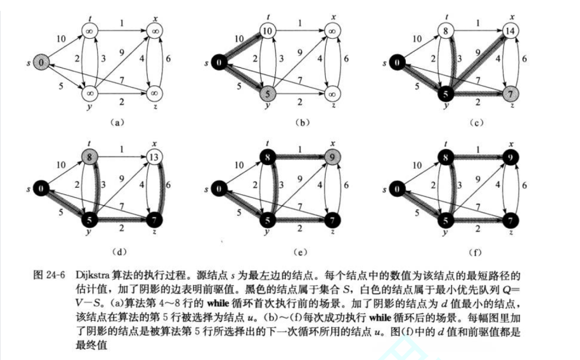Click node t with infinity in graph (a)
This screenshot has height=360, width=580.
click(x=90, y=31)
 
